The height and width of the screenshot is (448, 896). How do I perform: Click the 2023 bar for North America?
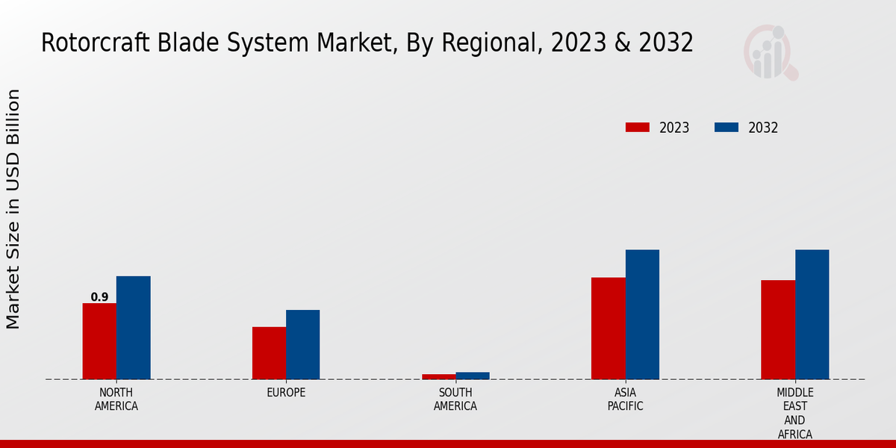[99, 341]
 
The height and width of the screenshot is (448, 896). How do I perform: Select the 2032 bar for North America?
[133, 328]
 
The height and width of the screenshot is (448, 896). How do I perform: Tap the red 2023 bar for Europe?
[269, 353]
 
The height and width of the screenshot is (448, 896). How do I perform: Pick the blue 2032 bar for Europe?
[302, 344]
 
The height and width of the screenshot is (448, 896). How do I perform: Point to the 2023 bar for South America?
[438, 376]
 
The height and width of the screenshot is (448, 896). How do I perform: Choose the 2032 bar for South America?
[473, 376]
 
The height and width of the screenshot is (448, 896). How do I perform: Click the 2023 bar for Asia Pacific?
[608, 329]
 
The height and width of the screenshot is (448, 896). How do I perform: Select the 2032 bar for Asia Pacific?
[642, 314]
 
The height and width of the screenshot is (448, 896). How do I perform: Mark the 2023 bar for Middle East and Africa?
[778, 329]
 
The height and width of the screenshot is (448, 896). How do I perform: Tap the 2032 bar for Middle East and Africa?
[812, 314]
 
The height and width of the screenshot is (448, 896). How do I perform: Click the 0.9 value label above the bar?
[99, 297]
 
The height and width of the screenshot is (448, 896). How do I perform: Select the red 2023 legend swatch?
[638, 128]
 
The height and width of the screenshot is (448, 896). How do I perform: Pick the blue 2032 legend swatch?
[727, 128]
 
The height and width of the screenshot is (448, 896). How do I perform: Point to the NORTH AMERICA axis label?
[116, 399]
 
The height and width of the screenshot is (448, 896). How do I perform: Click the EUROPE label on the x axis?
[286, 393]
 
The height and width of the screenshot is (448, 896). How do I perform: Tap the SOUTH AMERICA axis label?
[455, 399]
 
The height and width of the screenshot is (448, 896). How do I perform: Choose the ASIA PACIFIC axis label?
[625, 399]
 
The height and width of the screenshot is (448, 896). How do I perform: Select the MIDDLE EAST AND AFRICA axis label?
[795, 413]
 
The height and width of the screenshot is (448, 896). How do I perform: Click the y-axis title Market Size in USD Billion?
[13, 209]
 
